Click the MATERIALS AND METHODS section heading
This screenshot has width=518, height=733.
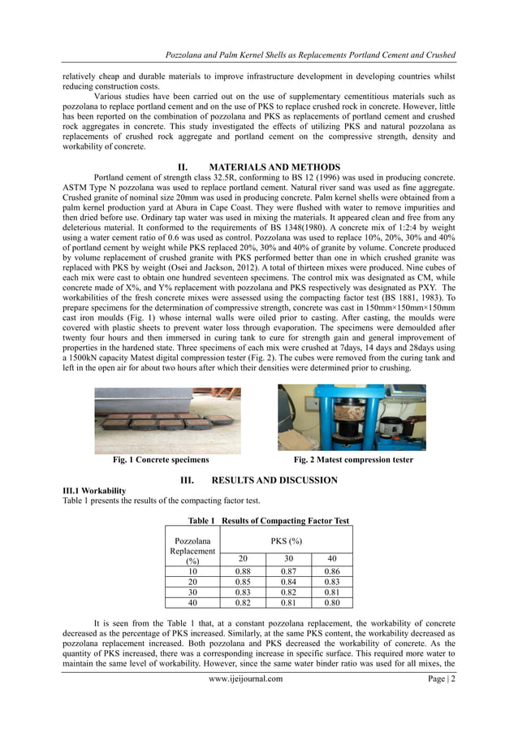tap(258, 167)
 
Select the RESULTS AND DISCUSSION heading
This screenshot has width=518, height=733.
tap(258, 480)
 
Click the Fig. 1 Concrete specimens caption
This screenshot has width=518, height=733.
tap(161, 460)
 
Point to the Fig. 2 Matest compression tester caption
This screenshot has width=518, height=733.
tap(353, 460)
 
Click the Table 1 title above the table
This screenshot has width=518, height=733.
tap(268, 520)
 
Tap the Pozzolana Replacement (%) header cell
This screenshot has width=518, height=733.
tap(192, 550)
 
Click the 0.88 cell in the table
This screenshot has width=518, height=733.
tap(242, 570)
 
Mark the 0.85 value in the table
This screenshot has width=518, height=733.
tap(242, 581)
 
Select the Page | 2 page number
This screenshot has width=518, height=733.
tap(438, 679)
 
